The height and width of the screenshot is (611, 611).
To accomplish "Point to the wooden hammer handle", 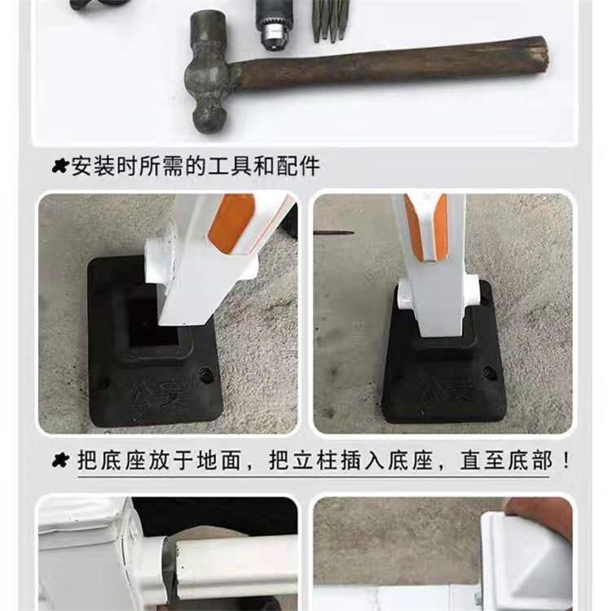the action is coord(389,67).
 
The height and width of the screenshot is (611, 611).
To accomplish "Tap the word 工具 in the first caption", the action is coord(229,165).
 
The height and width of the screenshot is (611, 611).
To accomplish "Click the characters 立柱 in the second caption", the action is coord(316,460).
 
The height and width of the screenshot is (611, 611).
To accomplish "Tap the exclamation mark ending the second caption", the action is coord(565,460).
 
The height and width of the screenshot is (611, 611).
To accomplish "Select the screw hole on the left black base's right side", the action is coord(204,375).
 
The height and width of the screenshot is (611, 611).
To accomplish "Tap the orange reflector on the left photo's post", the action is coord(231,224).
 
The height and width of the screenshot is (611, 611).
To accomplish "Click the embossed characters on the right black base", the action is coord(448,386).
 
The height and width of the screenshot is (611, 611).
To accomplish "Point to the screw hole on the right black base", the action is coord(490,373).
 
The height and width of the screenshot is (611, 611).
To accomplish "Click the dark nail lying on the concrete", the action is coord(333,233).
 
